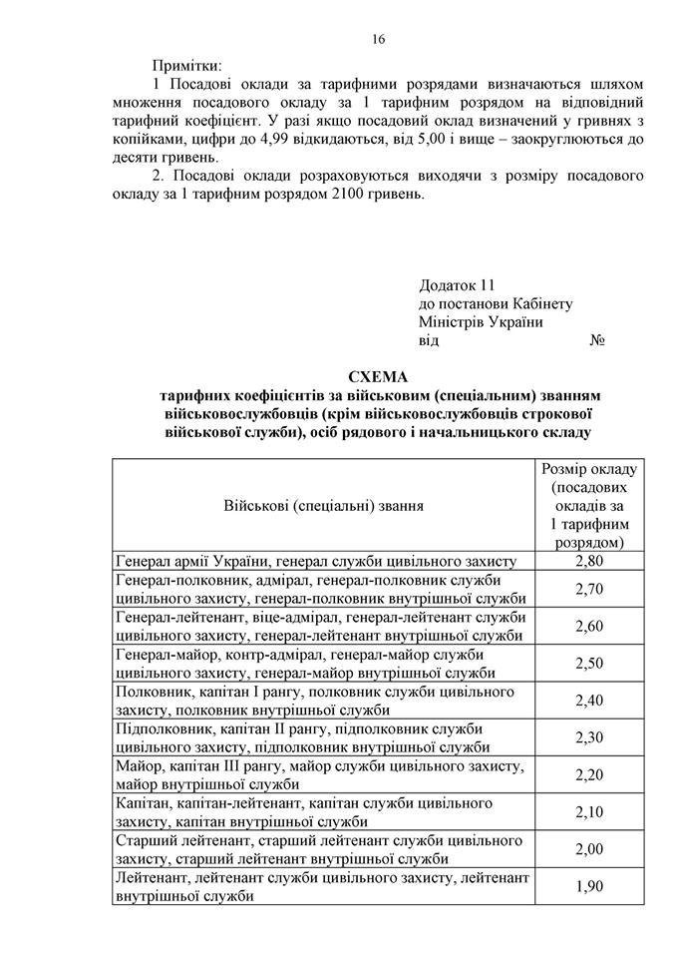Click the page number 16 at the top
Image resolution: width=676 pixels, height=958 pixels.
379,39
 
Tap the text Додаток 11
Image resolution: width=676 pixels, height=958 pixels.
457,284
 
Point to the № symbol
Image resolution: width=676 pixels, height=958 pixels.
598,339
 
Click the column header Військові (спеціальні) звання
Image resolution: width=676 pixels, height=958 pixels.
323,505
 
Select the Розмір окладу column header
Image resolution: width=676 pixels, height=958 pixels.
588,505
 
